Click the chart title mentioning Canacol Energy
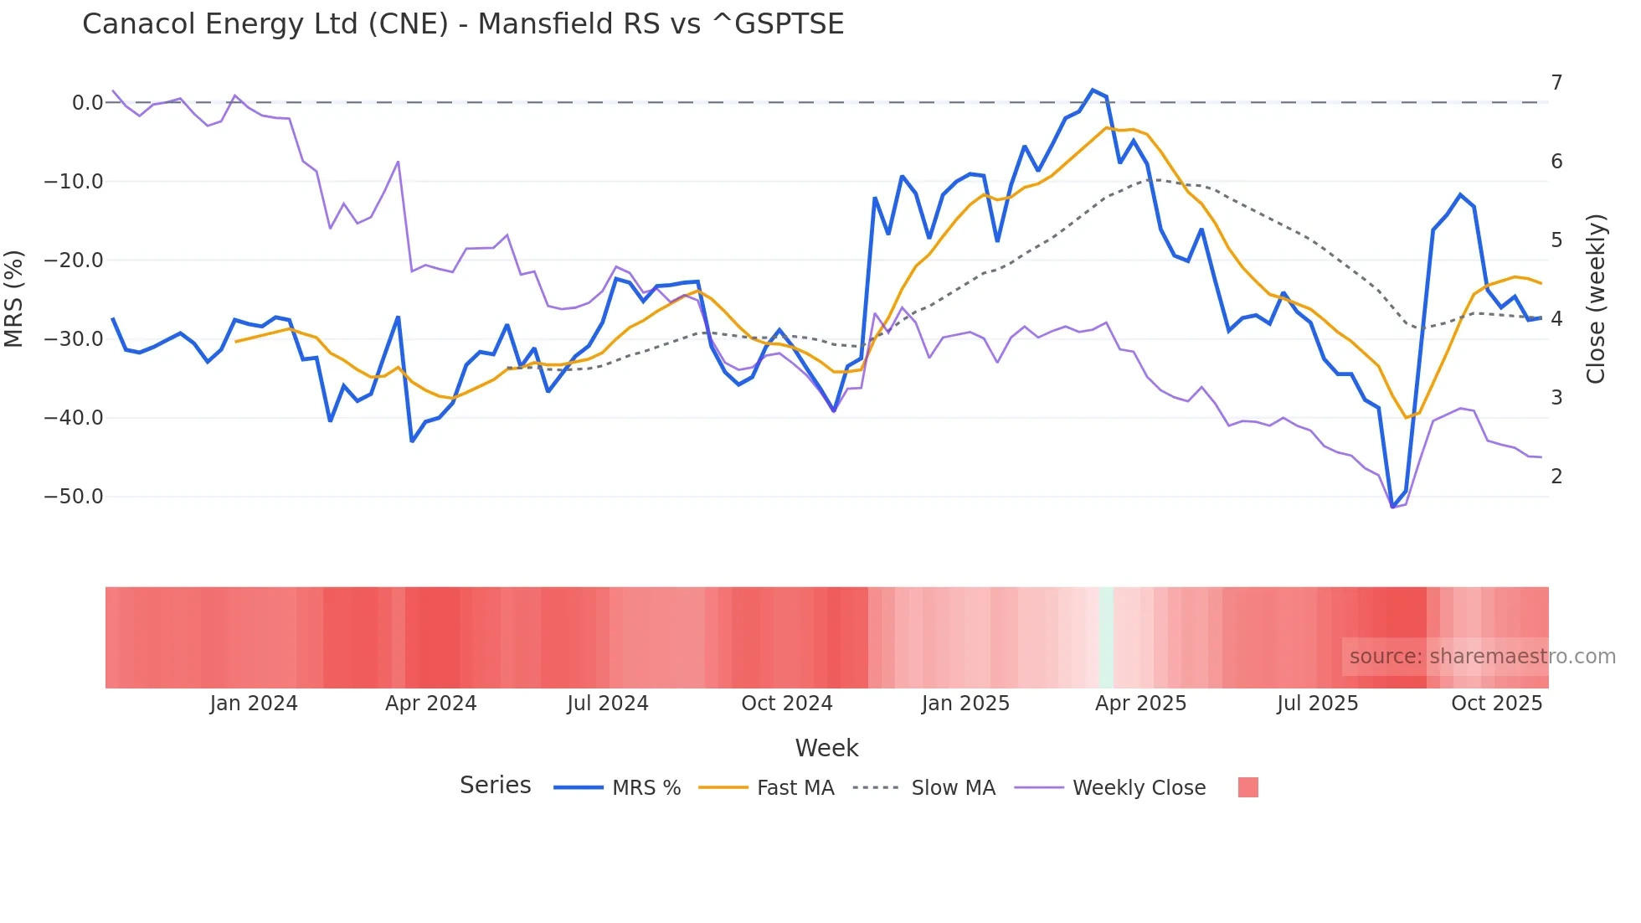click(x=463, y=24)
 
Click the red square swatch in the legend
click(x=1247, y=787)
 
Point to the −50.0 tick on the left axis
click(x=74, y=497)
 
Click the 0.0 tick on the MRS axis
click(x=87, y=103)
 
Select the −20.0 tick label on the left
click(x=74, y=260)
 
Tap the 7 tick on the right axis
click(x=1556, y=83)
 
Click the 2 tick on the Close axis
click(x=1556, y=477)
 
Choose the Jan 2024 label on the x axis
click(x=254, y=704)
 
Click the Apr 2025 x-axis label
click(x=1140, y=704)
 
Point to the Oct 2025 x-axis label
click(x=1496, y=704)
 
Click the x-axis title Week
click(x=826, y=748)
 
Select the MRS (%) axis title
click(x=14, y=299)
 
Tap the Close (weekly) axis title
click(x=1596, y=299)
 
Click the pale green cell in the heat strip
click(x=1106, y=637)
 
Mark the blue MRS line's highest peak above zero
click(x=1093, y=90)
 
